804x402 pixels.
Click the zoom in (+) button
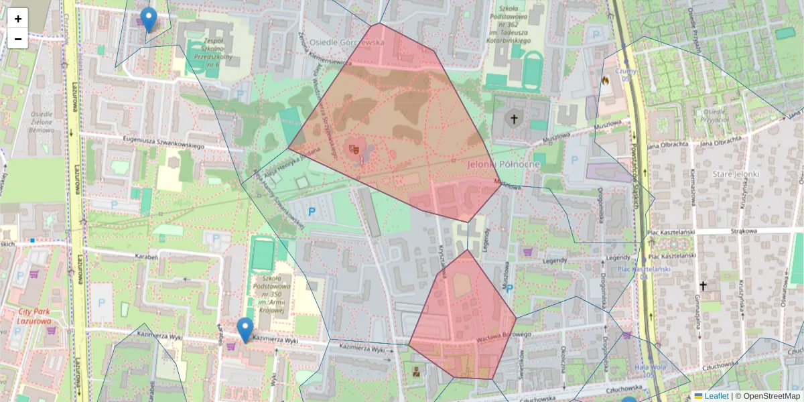coord(17,19)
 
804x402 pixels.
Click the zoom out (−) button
coord(17,39)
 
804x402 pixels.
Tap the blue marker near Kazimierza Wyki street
coord(245,329)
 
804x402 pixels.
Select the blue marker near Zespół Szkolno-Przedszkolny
coord(149,19)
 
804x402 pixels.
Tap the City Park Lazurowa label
coord(27,316)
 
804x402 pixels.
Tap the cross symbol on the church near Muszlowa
coord(515,120)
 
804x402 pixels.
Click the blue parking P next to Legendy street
coord(509,288)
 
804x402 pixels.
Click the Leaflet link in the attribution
coord(716,396)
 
